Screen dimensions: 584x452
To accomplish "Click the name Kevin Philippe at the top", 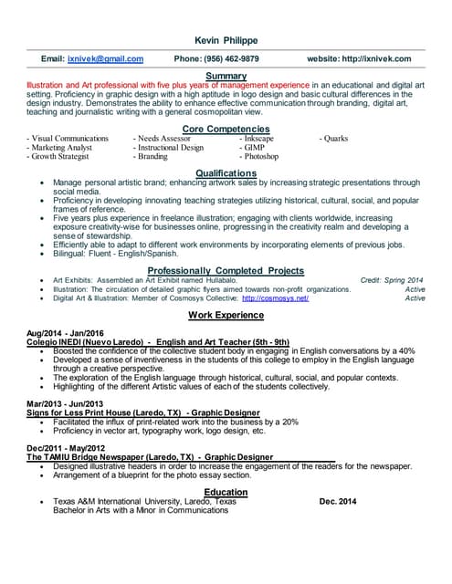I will pos(226,41).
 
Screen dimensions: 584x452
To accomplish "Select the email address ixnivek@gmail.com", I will pos(105,58).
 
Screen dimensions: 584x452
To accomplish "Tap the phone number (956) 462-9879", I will pos(215,58).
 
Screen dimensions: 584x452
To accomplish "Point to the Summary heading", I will pos(226,75).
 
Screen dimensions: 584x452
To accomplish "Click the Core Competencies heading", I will pos(226,130).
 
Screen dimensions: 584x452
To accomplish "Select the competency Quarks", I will pos(336,139).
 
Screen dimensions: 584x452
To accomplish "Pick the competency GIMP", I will pos(255,147).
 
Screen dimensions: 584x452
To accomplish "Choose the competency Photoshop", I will pos(260,156).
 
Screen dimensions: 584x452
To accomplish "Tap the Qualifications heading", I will pos(226,173).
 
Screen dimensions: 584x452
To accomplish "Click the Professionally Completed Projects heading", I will pos(226,271).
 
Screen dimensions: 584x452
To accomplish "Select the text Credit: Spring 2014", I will pos(393,280).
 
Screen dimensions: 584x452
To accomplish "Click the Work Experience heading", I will pos(226,315).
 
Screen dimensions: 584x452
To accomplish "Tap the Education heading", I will pos(226,492).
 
